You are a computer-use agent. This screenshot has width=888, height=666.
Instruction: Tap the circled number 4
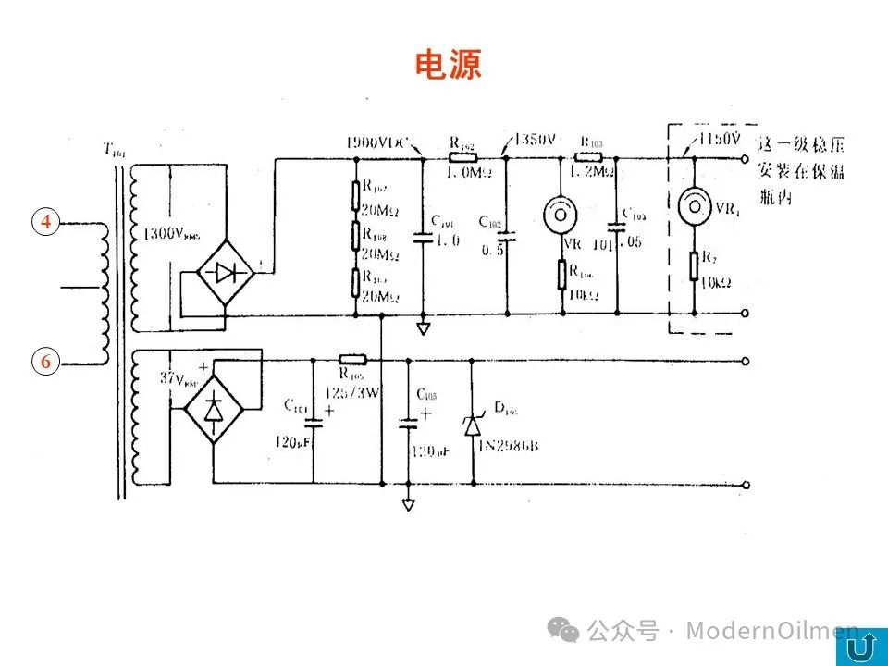point(45,221)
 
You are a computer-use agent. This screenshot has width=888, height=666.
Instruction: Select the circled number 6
point(45,362)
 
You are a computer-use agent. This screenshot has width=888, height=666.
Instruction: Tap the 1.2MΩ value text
point(593,172)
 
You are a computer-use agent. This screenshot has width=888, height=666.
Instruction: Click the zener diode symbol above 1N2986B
point(473,425)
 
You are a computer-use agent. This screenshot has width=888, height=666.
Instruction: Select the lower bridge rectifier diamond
point(214,408)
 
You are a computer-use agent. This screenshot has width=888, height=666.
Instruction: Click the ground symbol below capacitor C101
point(423,328)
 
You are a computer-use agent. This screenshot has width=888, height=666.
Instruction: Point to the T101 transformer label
point(114,151)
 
